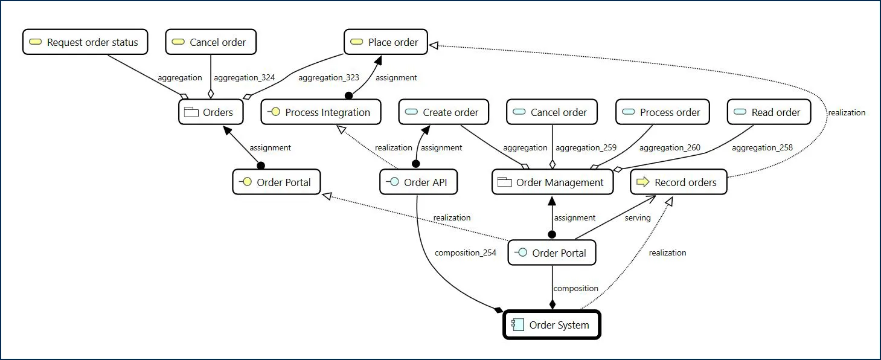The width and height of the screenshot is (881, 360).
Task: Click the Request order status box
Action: click(85, 42)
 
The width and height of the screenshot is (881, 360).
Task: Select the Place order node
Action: click(386, 42)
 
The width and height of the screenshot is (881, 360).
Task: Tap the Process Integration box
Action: click(321, 112)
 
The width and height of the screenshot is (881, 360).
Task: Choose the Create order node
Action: click(443, 112)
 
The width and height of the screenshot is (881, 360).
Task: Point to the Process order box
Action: click(662, 112)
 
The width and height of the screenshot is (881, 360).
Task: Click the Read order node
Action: click(769, 112)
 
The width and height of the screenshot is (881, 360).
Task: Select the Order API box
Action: click(418, 182)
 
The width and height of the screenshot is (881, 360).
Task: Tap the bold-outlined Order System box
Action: click(552, 325)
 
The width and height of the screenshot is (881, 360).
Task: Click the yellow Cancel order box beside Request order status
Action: click(210, 42)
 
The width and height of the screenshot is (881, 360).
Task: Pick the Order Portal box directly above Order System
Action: click(552, 253)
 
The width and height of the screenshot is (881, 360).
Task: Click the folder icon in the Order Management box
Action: click(505, 182)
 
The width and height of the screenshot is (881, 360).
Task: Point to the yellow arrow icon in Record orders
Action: click(642, 182)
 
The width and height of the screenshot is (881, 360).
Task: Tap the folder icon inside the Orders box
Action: click(191, 112)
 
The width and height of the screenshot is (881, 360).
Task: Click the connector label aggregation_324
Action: click(244, 77)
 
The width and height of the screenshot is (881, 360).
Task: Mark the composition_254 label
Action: click(465, 252)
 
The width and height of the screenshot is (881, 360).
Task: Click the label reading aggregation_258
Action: click(762, 147)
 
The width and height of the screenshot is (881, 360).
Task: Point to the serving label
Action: click(637, 217)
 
